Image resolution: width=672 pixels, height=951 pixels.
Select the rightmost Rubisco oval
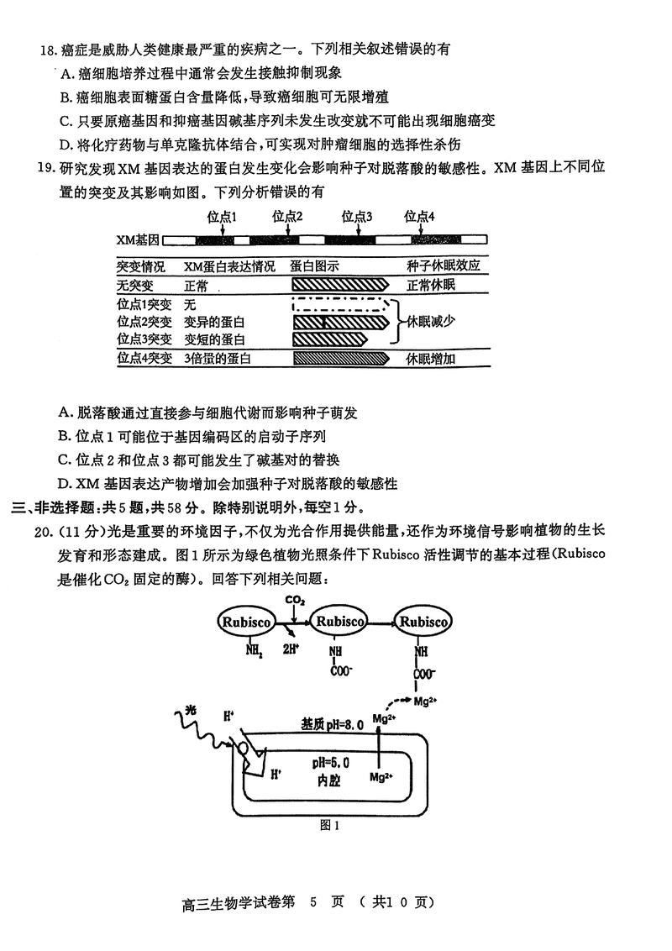pos(424,623)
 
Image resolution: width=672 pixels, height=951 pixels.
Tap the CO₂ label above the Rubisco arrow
pos(295,600)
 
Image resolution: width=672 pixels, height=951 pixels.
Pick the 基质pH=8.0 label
pos(332,723)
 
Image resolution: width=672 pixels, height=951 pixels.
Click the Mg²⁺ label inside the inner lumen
pos(382,776)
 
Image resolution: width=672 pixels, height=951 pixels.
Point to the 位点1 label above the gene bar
pos(223,216)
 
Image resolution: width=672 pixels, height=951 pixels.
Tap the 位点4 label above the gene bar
pos(420,216)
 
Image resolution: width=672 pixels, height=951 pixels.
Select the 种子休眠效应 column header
pos(444,265)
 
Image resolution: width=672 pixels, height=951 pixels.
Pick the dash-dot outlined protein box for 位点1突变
pos(340,303)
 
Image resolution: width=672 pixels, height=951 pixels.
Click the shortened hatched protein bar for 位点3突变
pos(329,339)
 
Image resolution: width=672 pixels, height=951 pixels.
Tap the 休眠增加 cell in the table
pos(431,359)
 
